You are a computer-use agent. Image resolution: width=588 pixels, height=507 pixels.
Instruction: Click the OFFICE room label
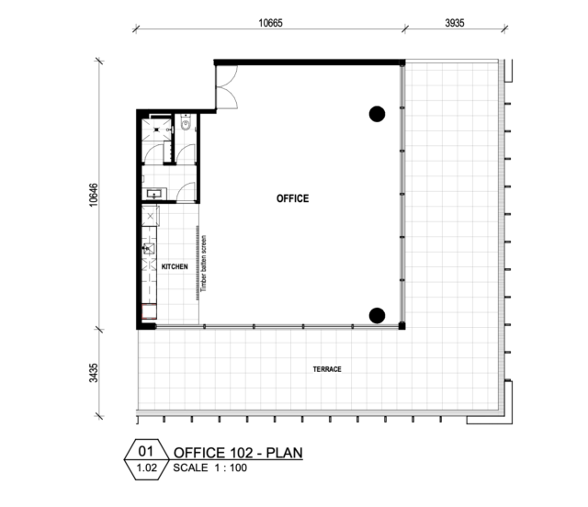coord(292,198)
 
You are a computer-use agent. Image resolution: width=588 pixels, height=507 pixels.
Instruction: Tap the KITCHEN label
coord(175,266)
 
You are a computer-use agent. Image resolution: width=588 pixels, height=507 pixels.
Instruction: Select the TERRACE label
coord(327,369)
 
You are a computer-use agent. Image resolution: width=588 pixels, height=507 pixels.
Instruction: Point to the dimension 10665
coord(270,23)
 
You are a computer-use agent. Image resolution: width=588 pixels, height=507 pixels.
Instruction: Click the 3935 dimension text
coord(455,23)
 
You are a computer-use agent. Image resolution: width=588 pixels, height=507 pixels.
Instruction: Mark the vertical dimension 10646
coord(94,195)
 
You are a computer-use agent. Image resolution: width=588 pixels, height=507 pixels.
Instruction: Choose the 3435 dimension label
coord(94,373)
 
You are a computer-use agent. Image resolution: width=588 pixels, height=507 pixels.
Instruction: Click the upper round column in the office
coord(377,114)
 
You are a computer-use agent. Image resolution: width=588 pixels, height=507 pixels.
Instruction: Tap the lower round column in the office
coord(377,316)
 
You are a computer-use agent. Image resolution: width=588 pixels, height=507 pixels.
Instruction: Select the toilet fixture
coord(186,122)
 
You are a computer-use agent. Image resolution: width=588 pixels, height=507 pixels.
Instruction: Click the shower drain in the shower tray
coord(156,130)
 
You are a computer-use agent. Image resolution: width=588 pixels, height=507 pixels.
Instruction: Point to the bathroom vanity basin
coord(153,194)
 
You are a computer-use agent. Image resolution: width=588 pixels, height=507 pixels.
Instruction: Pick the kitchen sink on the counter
coord(149,248)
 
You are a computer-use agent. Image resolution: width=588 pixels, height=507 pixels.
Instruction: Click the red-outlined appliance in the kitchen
coord(149,311)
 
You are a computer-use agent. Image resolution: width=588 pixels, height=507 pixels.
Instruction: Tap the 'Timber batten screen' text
coord(204,264)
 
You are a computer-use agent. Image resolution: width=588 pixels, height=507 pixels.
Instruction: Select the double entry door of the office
coord(227,87)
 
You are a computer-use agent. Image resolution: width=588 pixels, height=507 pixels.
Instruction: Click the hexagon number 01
coord(146,451)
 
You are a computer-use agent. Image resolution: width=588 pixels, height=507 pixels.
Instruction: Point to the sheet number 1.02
coord(147,468)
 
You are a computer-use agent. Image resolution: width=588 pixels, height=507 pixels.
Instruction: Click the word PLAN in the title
coord(284,453)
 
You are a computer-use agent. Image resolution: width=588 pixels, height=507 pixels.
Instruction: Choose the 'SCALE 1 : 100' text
coord(210,468)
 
